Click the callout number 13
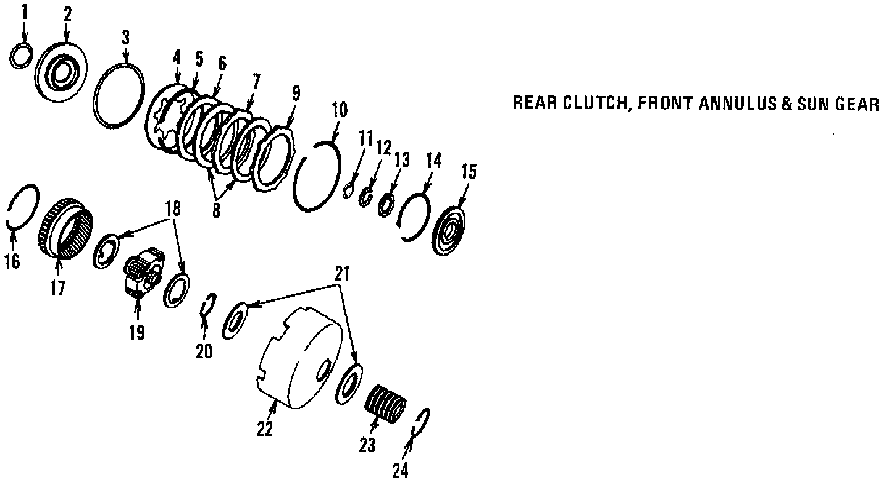[x=402, y=161]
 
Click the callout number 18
[x=173, y=209]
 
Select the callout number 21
[x=343, y=274]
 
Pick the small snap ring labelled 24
[x=423, y=423]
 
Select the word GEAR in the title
[x=856, y=104]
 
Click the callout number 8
[x=216, y=210]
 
